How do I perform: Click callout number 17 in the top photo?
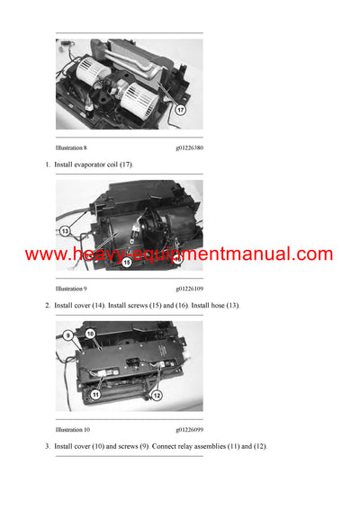(180, 111)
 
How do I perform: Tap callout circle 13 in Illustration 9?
(65, 231)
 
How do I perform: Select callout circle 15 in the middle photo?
(126, 262)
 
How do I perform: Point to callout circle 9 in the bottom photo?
(67, 336)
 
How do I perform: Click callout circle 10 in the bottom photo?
(90, 334)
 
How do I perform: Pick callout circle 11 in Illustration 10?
(95, 394)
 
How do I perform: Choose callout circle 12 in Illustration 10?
(156, 396)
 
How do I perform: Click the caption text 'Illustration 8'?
(71, 147)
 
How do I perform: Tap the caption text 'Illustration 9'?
(71, 289)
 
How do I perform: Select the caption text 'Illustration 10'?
(72, 430)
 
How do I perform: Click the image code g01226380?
(189, 147)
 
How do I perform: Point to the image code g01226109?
(189, 289)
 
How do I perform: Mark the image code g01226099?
(189, 430)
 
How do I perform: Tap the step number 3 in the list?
(48, 447)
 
